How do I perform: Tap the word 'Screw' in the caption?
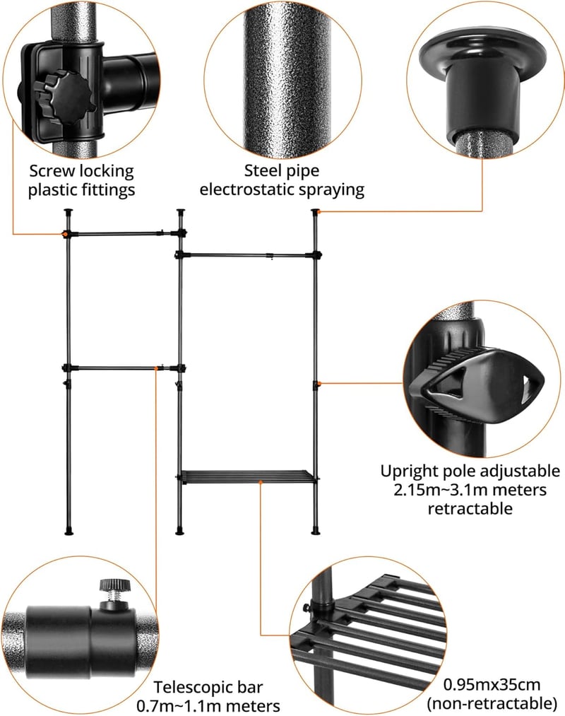pyautogui.click(x=52, y=171)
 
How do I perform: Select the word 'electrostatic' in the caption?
pyautogui.click(x=247, y=189)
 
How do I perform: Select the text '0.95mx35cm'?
pyautogui.click(x=492, y=684)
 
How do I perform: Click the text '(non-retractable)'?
pyautogui.click(x=492, y=703)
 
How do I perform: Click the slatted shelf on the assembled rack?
pyautogui.click(x=247, y=476)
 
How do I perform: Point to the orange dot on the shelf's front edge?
pyautogui.click(x=261, y=482)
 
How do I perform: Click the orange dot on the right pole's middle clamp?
pyautogui.click(x=319, y=383)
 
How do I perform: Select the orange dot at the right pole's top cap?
pyautogui.click(x=319, y=211)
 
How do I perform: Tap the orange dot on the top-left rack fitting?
pyautogui.click(x=66, y=234)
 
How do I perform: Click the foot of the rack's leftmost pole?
pyautogui.click(x=69, y=531)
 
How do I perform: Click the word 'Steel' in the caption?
pyautogui.click(x=262, y=171)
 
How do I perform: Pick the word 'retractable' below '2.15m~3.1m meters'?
pyautogui.click(x=470, y=508)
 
